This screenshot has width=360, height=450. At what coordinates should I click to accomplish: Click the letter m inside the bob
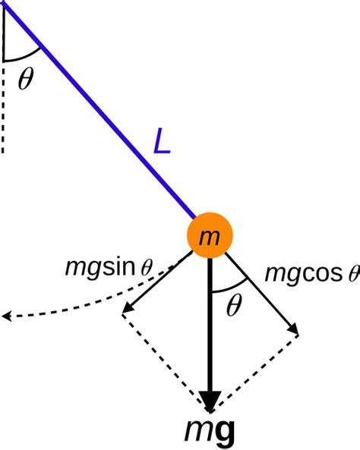[209, 238]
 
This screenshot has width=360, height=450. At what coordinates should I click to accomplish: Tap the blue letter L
[162, 142]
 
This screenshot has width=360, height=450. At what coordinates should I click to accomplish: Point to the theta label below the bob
[234, 305]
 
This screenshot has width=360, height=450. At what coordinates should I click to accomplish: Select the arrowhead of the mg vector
[210, 401]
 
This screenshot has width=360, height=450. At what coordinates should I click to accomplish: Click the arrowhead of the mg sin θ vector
[126, 309]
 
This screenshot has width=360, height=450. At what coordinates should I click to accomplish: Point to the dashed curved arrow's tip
[6, 316]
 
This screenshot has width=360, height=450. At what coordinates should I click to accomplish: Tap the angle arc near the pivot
[23, 57]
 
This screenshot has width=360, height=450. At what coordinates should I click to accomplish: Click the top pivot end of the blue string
[6, 4]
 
